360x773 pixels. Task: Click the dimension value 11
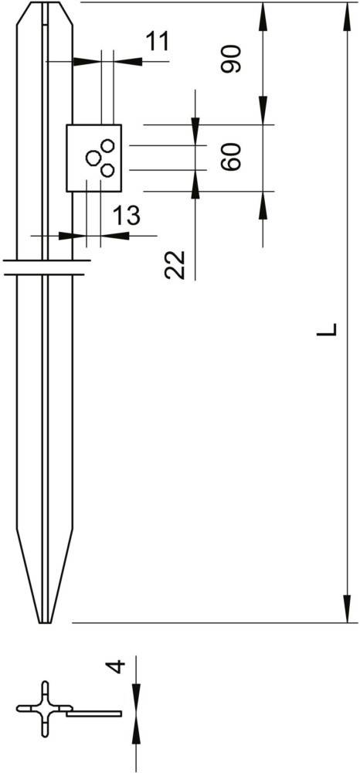[157, 41]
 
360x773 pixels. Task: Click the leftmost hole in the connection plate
[93, 158]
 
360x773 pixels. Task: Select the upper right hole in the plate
[108, 145]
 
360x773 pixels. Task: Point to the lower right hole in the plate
[108, 169]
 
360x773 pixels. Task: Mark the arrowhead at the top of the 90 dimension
[263, 12]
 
